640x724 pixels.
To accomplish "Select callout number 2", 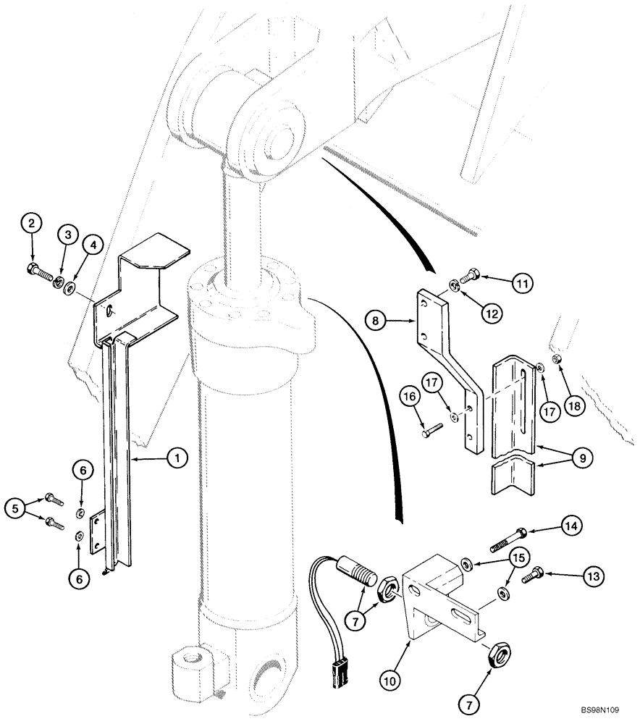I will [30, 224].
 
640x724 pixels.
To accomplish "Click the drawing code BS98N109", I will [606, 711].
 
